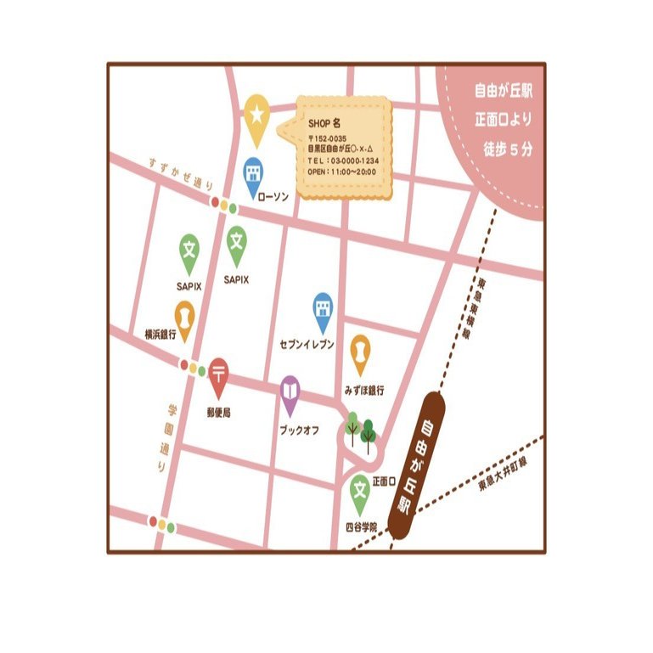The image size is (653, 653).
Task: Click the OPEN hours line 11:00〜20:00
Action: click(x=341, y=171)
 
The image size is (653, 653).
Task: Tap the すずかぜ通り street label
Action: click(x=180, y=173)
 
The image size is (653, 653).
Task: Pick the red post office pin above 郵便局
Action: click(x=219, y=374)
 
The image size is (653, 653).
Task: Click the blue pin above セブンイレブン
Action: click(x=323, y=309)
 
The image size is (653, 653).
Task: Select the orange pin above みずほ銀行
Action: click(x=360, y=351)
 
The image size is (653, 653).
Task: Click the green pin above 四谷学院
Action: click(x=360, y=491)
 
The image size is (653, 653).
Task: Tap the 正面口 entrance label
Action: click(x=385, y=481)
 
